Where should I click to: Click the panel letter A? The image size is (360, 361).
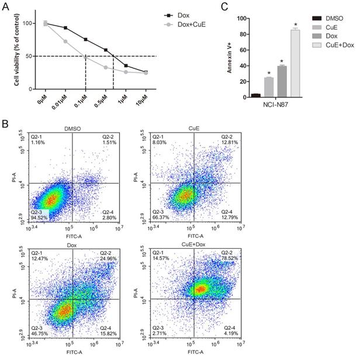pos(6,6)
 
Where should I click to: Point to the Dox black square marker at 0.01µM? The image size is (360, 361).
pos(65,27)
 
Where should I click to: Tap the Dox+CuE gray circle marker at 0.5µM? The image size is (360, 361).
pos(106,67)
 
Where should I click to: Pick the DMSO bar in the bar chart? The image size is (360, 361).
pos(255,95)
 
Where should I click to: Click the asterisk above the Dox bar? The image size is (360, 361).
pos(282,61)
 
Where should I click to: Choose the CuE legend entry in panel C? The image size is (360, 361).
pos(330,27)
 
